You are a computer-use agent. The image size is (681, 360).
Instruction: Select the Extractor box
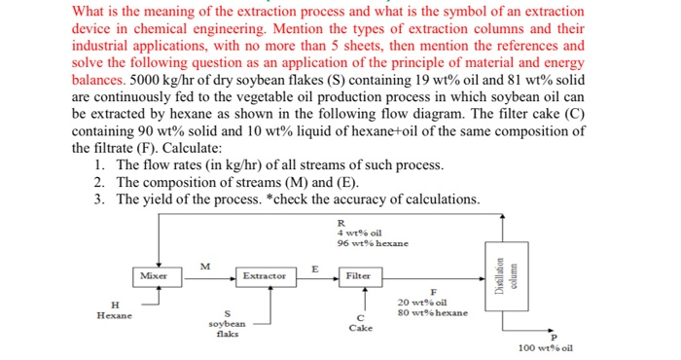(264, 275)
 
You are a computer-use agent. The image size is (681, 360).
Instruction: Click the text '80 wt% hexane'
(434, 313)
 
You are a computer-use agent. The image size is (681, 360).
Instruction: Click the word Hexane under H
(116, 315)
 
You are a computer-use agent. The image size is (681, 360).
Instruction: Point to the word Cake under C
(361, 328)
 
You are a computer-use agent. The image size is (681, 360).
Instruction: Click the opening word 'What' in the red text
(91, 11)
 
